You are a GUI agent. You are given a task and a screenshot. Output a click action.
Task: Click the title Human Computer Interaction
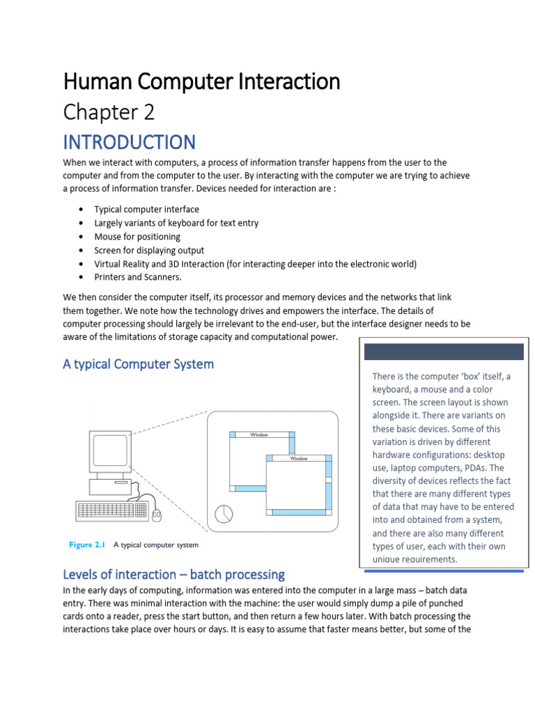pyautogui.click(x=201, y=82)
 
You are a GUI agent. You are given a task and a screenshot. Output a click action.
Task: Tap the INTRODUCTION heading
pyautogui.click(x=129, y=142)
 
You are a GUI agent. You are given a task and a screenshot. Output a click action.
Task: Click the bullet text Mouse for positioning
pyautogui.click(x=137, y=237)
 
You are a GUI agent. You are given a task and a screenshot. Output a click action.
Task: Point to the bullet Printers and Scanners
pyautogui.click(x=138, y=277)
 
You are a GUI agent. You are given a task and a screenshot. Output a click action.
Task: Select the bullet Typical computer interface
pyautogui.click(x=146, y=210)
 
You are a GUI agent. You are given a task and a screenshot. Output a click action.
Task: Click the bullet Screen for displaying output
pyautogui.click(x=149, y=250)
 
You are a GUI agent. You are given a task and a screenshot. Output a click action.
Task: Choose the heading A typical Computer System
pyautogui.click(x=138, y=364)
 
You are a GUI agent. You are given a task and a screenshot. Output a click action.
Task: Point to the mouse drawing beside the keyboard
pyautogui.click(x=157, y=515)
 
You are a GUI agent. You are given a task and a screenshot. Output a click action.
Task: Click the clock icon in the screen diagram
pyautogui.click(x=224, y=514)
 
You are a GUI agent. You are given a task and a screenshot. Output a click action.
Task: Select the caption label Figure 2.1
pyautogui.click(x=86, y=545)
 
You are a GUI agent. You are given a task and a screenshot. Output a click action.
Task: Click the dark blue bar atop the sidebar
pyautogui.click(x=444, y=352)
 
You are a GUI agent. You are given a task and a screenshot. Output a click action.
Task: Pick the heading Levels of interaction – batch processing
pyautogui.click(x=173, y=574)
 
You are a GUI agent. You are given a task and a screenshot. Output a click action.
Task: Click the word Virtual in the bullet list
pyautogui.click(x=108, y=264)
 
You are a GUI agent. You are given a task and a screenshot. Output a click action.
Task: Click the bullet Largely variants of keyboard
pyautogui.click(x=176, y=223)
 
